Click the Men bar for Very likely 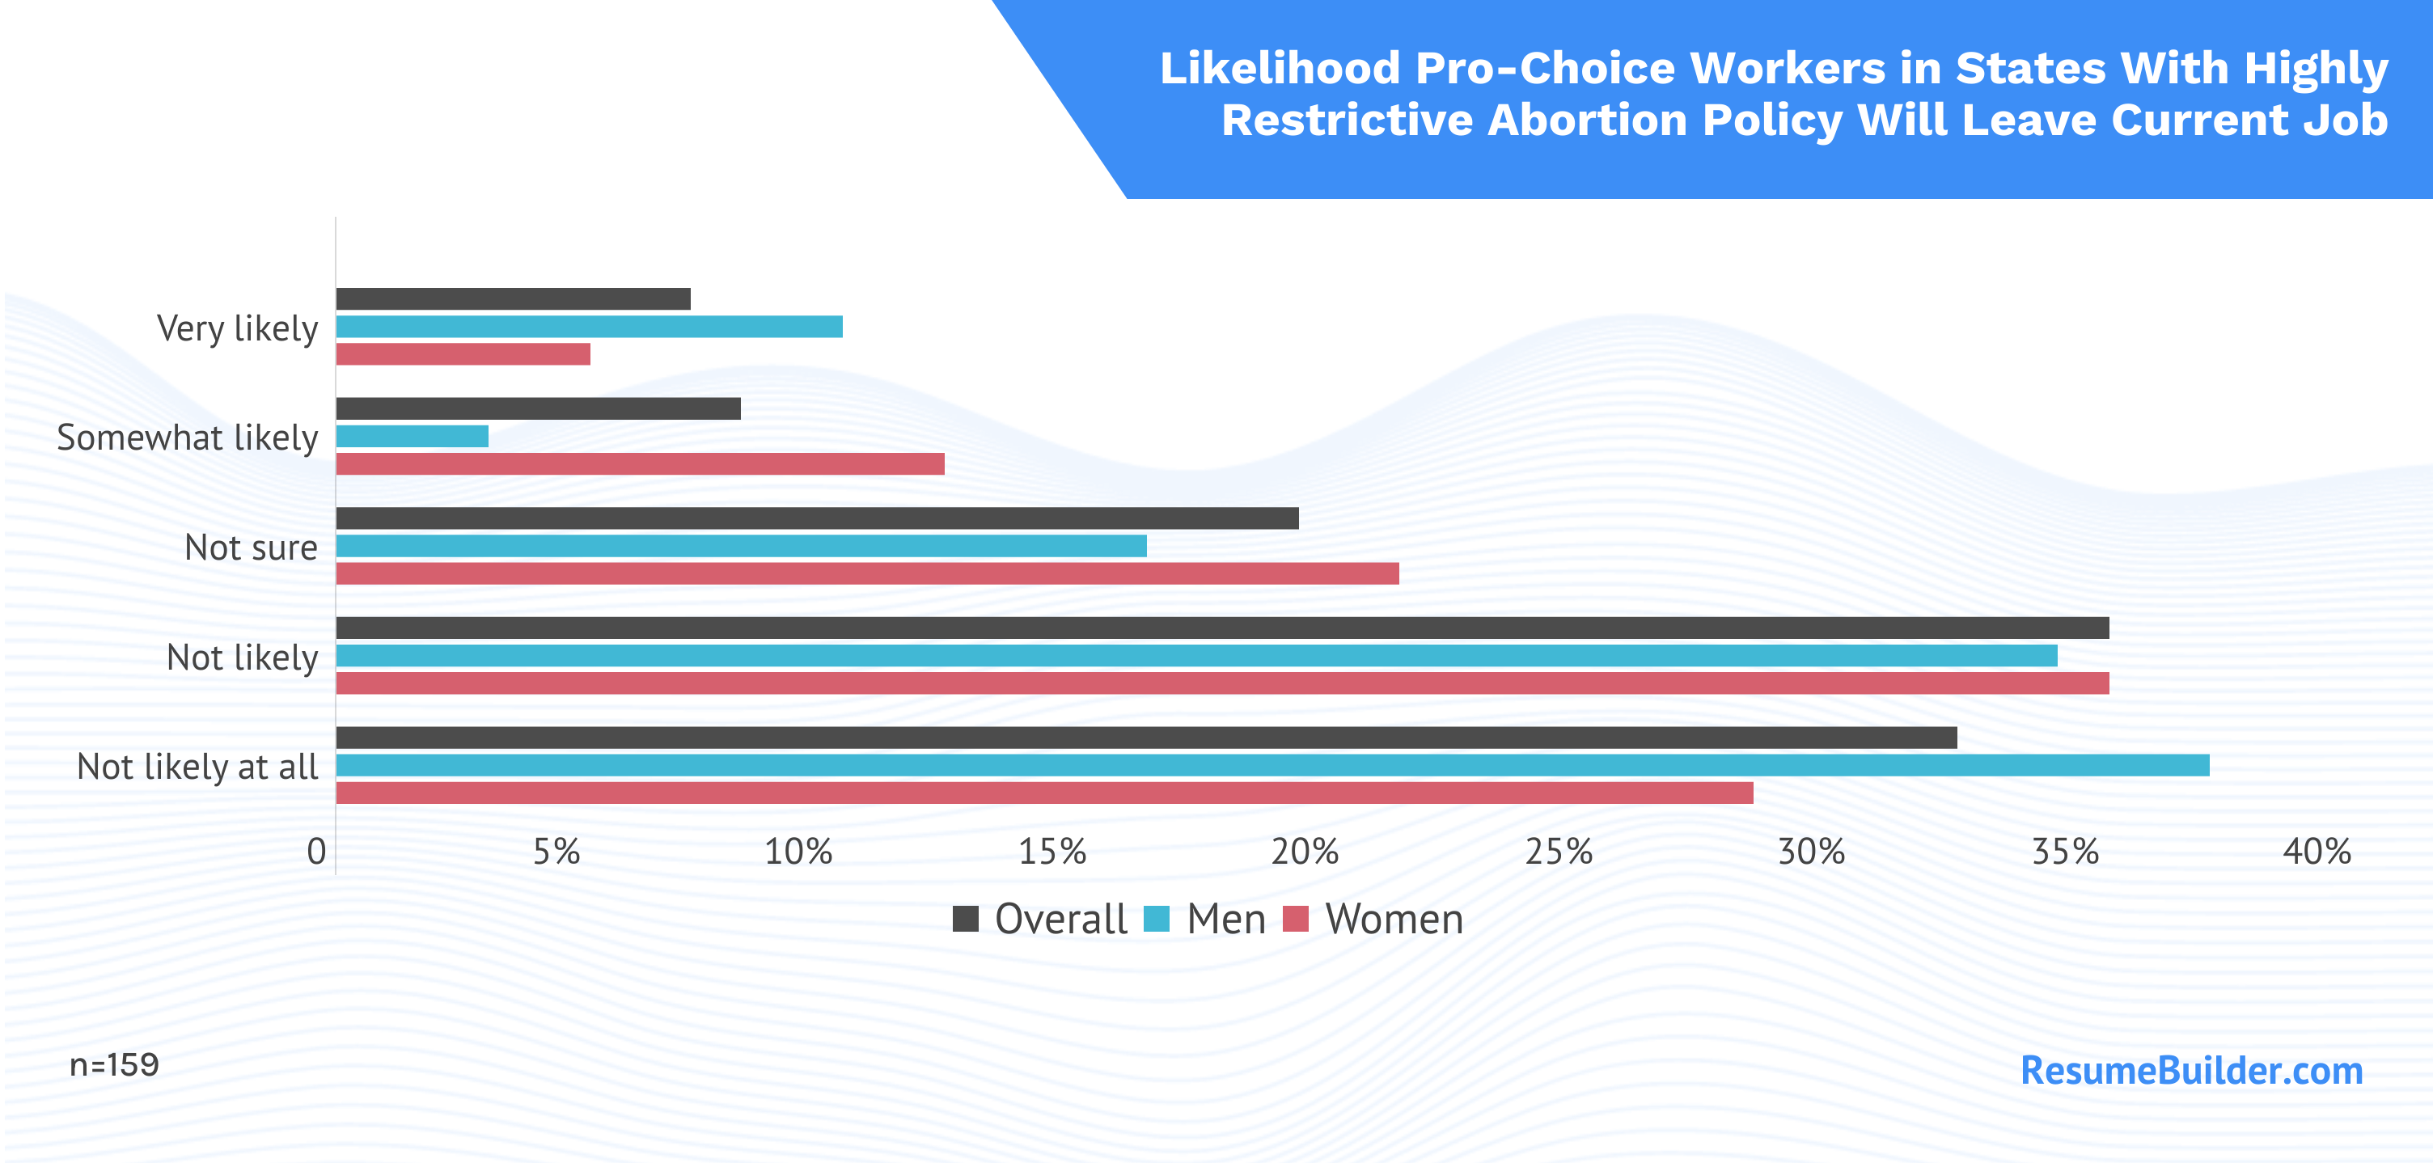click(x=590, y=327)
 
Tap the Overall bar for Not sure click(x=817, y=518)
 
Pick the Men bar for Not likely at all click(x=1272, y=765)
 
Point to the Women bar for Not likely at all click(x=1044, y=793)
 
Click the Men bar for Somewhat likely click(x=412, y=437)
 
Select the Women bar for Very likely click(x=463, y=354)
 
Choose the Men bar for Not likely click(x=1196, y=656)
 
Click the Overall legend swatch click(x=965, y=918)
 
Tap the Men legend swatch click(x=1157, y=918)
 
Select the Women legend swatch click(x=1296, y=918)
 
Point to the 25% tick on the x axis click(x=1559, y=852)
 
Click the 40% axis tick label click(x=2317, y=852)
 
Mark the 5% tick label click(x=556, y=852)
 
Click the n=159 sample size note click(x=114, y=1066)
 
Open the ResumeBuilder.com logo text click(x=2191, y=1071)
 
